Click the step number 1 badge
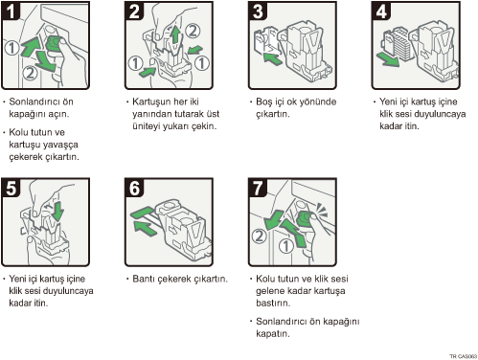tap(11, 11)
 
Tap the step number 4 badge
tap(381, 11)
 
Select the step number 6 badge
tap(134, 188)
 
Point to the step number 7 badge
tap(258, 188)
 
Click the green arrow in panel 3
tap(272, 58)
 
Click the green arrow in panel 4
tap(388, 59)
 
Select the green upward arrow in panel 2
tap(174, 35)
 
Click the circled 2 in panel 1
tap(30, 73)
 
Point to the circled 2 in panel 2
tap(193, 31)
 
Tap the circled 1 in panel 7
tap(285, 246)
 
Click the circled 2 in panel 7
tap(259, 236)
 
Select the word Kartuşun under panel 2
tap(151, 102)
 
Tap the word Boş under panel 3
tap(264, 102)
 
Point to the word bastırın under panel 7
tap(273, 303)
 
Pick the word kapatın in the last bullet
tap(273, 334)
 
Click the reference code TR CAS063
tap(464, 356)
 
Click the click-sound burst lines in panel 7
tap(322, 211)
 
